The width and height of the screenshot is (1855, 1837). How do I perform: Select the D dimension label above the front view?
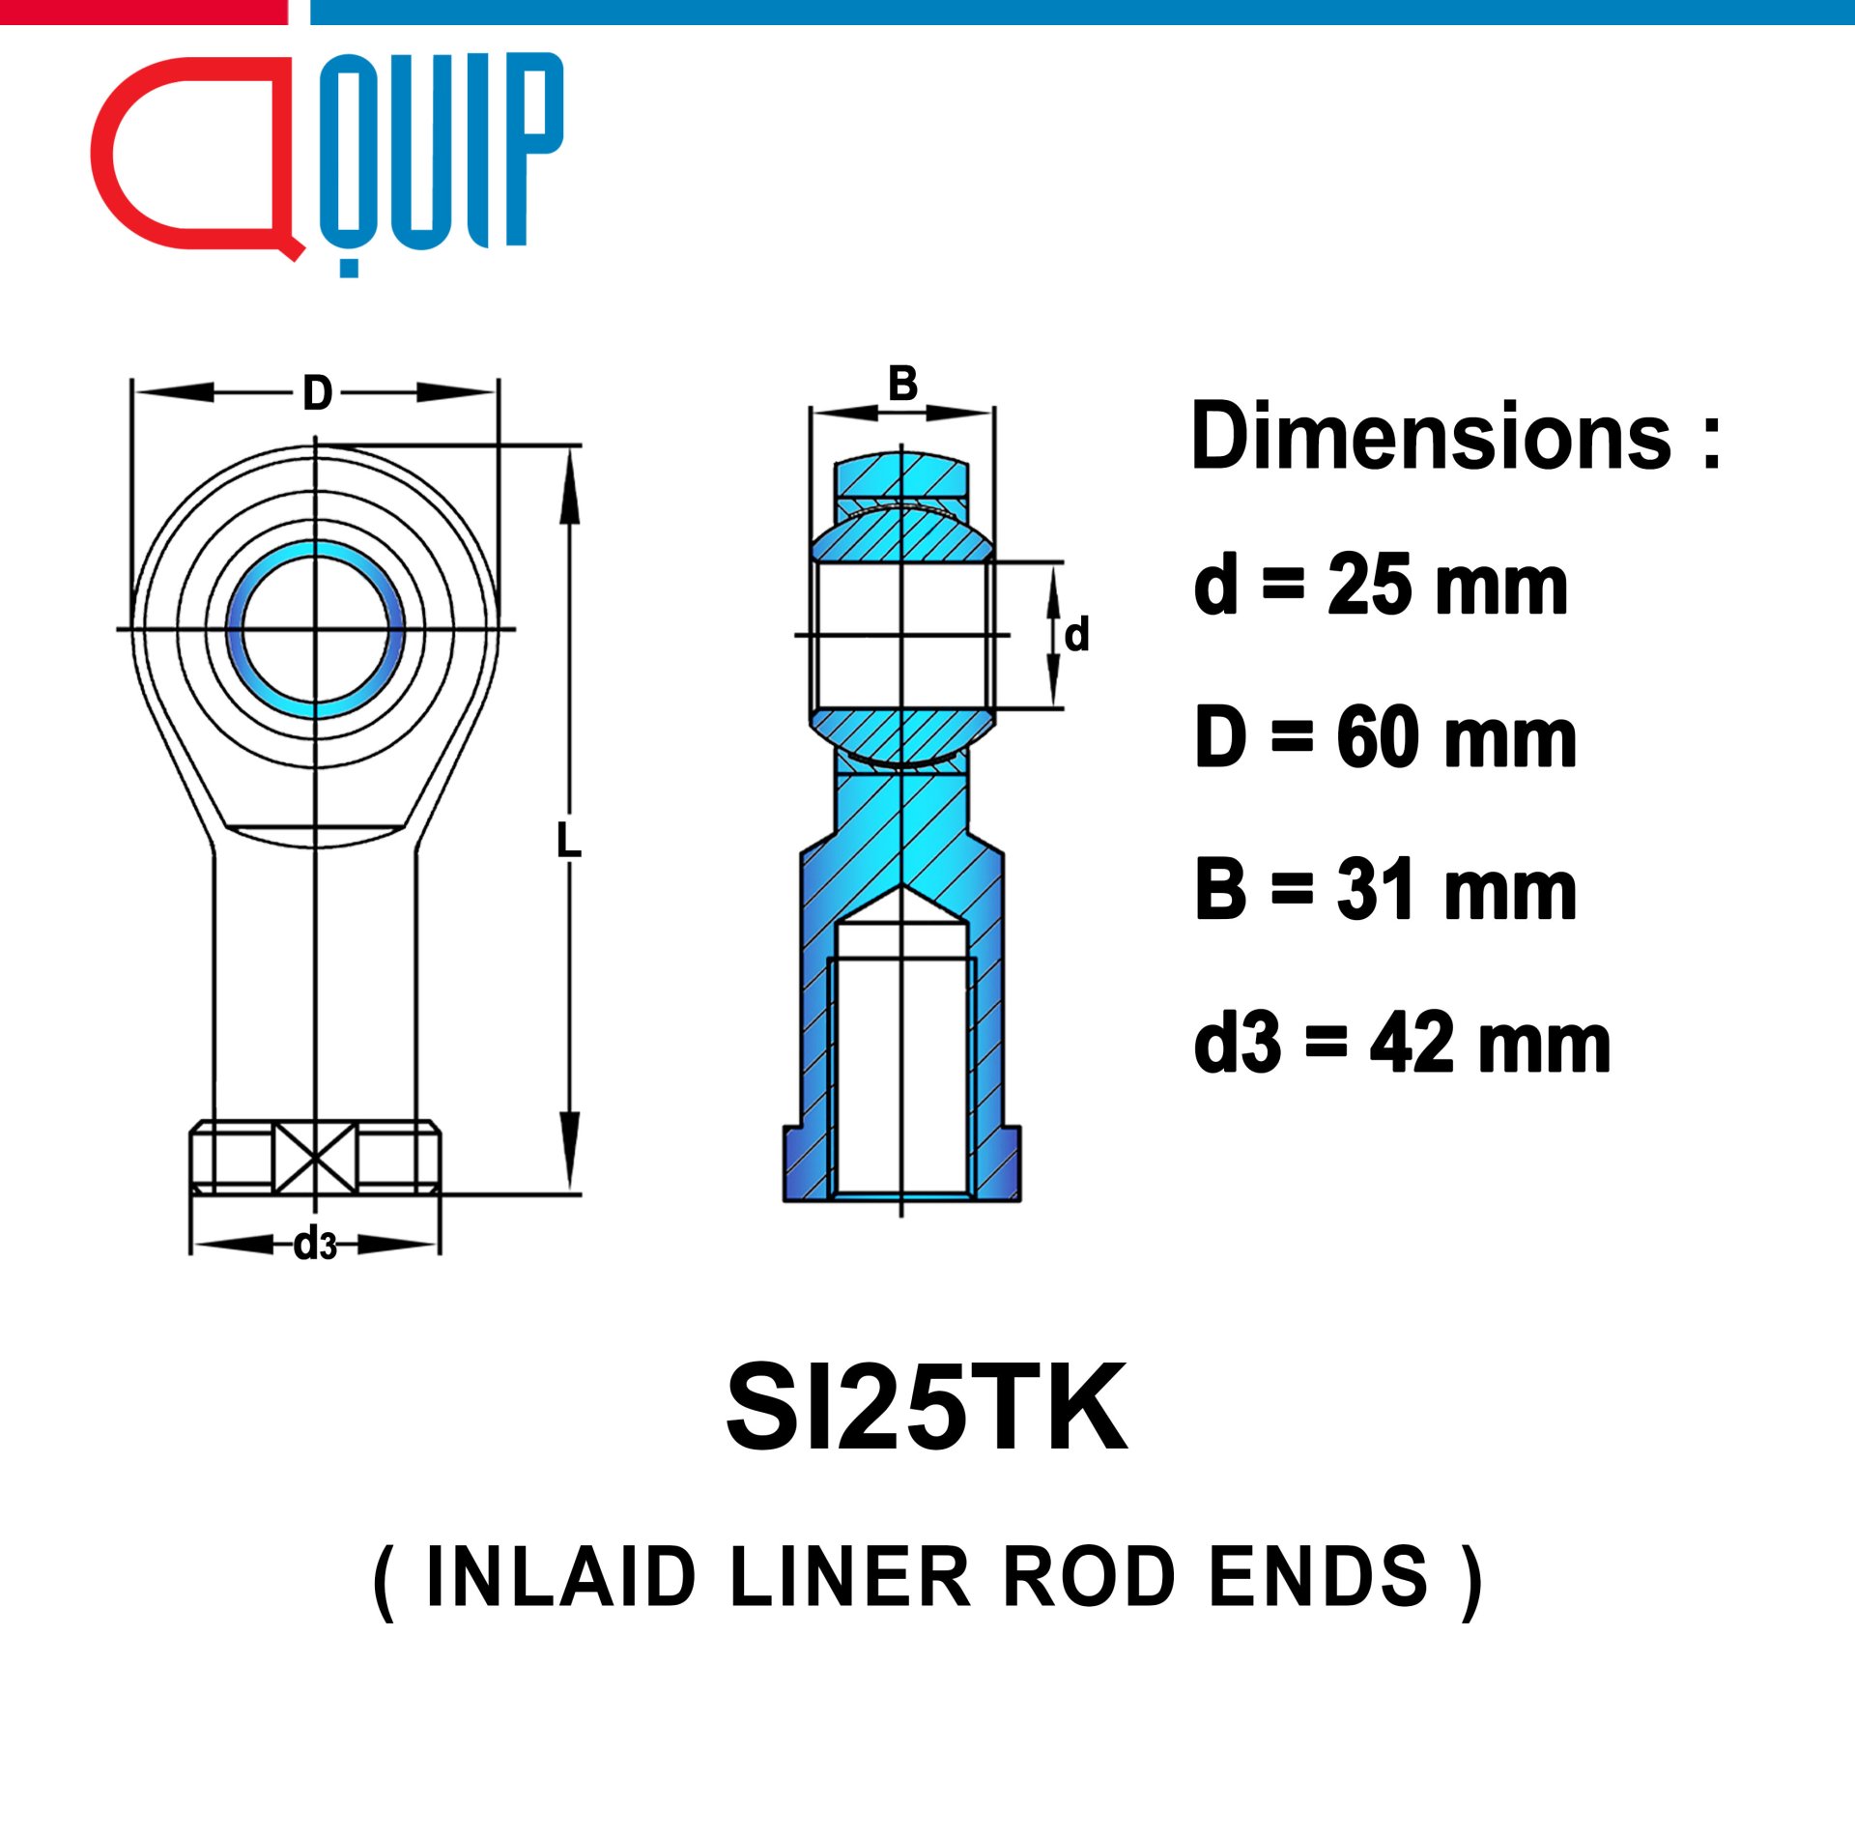317,393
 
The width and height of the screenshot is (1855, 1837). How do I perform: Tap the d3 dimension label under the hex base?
315,1245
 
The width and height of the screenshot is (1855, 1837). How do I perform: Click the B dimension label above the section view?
902,384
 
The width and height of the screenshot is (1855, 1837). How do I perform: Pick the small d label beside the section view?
1076,634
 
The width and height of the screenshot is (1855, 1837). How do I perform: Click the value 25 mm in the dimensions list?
1447,586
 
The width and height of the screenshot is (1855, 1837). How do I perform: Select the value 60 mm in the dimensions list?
1457,738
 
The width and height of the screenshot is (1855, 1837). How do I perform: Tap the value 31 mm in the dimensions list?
1457,891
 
